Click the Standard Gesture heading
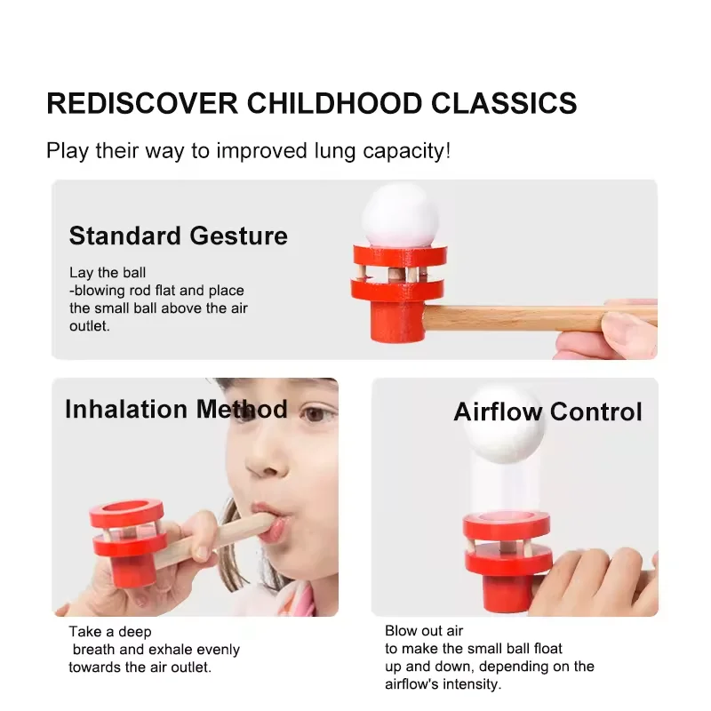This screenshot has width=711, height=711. tap(179, 236)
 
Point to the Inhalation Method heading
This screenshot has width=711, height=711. tap(176, 409)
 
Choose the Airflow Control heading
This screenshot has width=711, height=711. tap(547, 411)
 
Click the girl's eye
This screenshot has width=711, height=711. tap(316, 414)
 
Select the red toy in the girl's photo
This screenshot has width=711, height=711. tap(126, 533)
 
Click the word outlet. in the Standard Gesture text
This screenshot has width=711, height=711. tap(87, 326)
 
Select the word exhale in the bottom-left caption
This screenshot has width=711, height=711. tap(177, 650)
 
